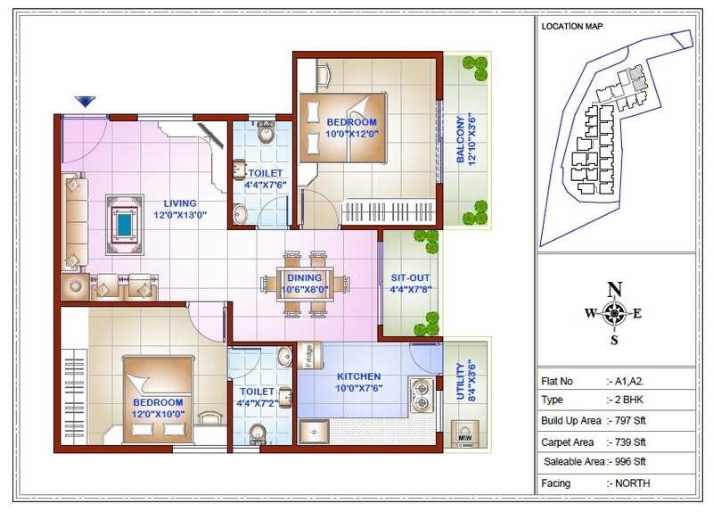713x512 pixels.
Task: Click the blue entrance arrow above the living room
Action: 85,102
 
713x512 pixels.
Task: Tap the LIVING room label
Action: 179,203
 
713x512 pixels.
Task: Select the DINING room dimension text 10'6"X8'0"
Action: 305,289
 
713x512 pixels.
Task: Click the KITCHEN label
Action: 358,376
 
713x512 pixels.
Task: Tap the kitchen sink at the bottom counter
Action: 313,433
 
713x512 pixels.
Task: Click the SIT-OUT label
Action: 410,277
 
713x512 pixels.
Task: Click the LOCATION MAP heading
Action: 572,26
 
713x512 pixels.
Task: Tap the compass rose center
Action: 613,313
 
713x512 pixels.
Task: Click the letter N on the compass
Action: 613,288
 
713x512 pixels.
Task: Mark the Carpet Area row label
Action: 569,442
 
